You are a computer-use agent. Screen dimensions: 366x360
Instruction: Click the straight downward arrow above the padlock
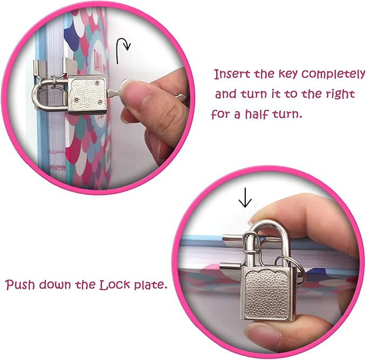[245, 198]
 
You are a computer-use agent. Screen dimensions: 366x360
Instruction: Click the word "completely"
[333, 75]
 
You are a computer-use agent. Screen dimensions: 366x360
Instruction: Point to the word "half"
[257, 114]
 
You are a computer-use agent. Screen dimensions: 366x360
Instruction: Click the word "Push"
[20, 284]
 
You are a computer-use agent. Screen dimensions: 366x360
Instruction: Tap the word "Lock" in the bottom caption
[114, 285]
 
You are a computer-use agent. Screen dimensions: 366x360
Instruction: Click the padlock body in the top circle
[87, 94]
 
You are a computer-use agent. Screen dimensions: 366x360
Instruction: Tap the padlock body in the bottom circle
[269, 294]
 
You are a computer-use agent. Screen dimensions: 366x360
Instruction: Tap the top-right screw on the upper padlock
[97, 82]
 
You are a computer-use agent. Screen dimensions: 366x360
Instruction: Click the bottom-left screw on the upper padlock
[77, 100]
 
